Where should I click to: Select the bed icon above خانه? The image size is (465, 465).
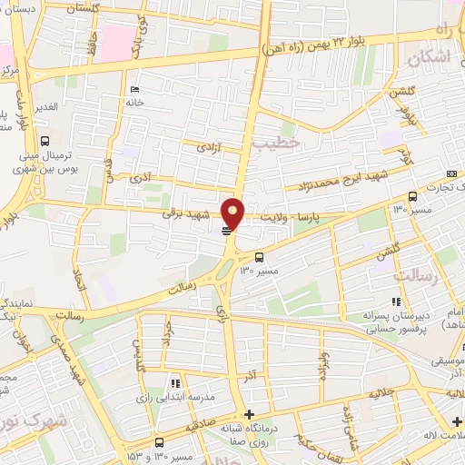click(x=135, y=89)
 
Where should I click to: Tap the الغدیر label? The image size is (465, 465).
click(x=45, y=105)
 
